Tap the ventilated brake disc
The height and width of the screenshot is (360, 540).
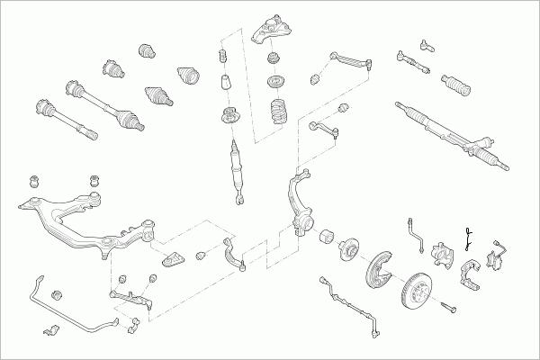point(419,292)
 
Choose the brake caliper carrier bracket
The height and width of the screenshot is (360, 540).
point(470,274)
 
